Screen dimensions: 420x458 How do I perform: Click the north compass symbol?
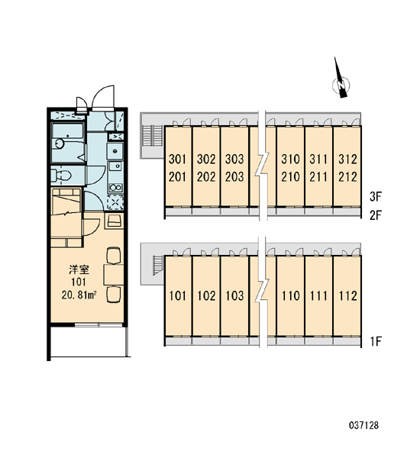341,82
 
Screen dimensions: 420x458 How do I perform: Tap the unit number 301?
177,160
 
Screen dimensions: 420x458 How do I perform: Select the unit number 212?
347,177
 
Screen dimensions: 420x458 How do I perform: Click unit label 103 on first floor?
234,296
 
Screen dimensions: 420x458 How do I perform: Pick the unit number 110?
290,296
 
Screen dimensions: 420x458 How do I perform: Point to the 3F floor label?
375,197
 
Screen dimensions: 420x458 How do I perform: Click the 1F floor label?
376,341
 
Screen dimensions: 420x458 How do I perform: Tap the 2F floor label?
375,215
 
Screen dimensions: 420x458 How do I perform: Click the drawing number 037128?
363,425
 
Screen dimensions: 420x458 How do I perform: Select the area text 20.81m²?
79,295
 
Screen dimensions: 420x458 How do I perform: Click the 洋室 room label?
79,269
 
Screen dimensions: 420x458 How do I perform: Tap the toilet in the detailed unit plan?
61,176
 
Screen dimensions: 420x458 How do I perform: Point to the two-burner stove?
115,188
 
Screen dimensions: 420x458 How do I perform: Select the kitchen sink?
115,167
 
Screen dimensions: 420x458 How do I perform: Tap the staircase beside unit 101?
158,265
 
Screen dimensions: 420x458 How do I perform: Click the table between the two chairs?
114,275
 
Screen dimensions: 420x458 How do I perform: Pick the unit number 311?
318,160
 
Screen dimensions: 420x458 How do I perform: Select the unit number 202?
206,177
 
